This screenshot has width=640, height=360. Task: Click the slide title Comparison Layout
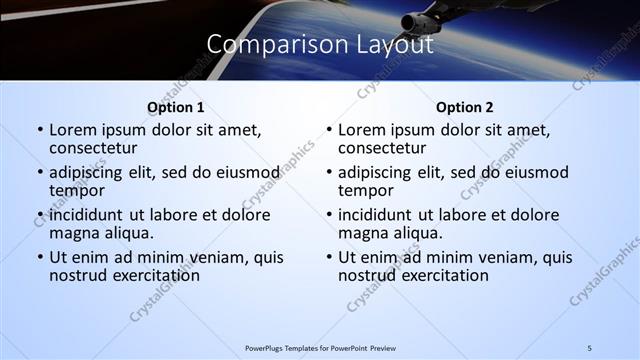point(320,45)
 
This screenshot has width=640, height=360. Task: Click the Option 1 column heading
point(175,107)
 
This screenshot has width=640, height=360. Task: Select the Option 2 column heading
point(464,107)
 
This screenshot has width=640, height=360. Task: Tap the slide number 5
point(589,348)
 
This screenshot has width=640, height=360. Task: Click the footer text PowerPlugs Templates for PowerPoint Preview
point(320,348)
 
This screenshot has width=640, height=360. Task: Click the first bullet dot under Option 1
point(40,131)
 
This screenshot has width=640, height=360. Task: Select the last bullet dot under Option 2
point(329,258)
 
